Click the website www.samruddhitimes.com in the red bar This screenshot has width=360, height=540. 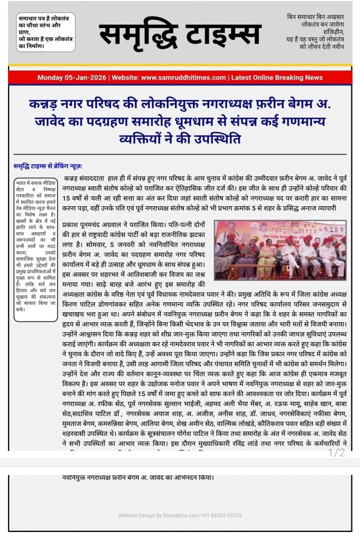click(184, 78)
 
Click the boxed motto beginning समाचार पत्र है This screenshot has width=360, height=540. click(46, 33)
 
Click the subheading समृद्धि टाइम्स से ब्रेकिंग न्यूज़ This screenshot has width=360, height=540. click(48, 166)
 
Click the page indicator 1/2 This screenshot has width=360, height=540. click(336, 453)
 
